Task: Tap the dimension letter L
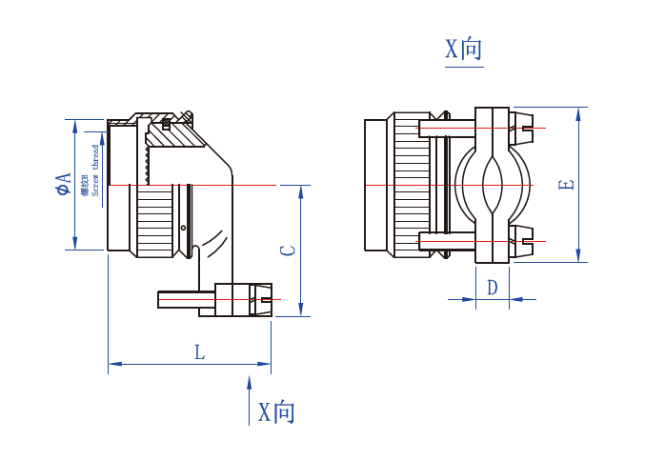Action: click(x=199, y=352)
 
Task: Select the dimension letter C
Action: click(x=288, y=251)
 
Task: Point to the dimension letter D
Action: click(x=492, y=288)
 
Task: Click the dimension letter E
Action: click(x=566, y=184)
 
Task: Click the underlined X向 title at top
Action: click(x=464, y=50)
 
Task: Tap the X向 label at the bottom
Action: click(x=276, y=412)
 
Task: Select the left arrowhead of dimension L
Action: click(x=113, y=363)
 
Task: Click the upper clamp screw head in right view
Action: click(x=524, y=128)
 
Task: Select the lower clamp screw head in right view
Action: click(x=524, y=240)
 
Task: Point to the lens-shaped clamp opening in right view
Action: click(x=493, y=184)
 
